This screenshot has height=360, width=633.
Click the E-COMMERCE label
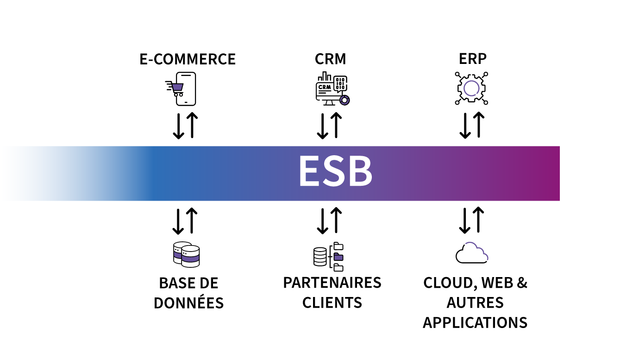(188, 59)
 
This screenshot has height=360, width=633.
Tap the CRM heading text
(330, 59)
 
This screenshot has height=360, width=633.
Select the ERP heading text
(472, 59)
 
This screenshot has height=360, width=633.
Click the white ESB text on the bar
(335, 172)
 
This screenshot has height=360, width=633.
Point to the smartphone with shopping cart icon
(182, 88)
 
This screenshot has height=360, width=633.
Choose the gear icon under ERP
(471, 88)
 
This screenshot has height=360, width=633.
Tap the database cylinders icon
(186, 254)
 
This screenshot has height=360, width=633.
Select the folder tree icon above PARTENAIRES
(329, 257)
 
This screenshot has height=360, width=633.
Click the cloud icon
(472, 253)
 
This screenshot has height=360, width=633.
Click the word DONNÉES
(188, 303)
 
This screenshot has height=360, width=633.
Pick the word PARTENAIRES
(332, 283)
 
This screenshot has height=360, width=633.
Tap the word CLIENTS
(332, 303)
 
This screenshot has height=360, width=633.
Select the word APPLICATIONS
(475, 322)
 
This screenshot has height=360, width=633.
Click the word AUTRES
(475, 303)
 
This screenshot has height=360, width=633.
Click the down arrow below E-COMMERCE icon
(179, 126)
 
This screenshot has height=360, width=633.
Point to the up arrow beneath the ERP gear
(478, 126)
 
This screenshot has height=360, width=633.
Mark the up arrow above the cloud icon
(478, 221)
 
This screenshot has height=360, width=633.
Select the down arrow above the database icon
(179, 221)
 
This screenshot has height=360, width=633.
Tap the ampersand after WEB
(521, 283)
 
